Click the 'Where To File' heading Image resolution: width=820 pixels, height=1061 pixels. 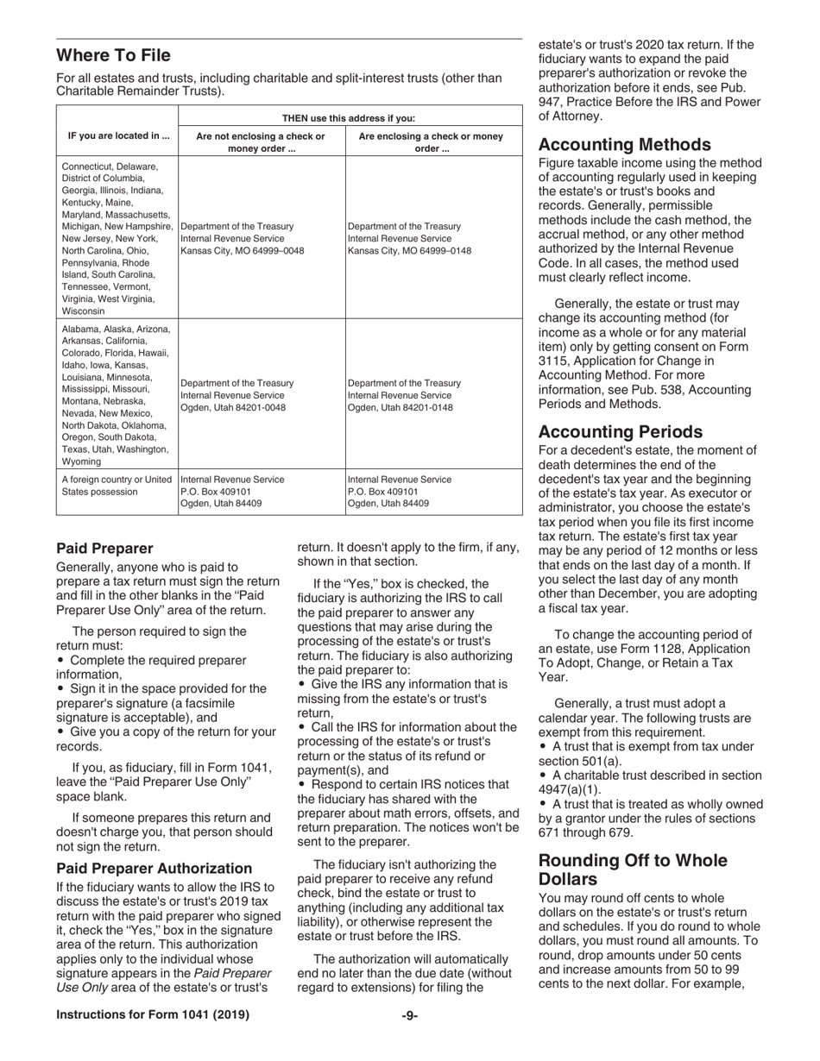pos(113,56)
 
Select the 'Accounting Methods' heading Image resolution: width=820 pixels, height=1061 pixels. pos(625,145)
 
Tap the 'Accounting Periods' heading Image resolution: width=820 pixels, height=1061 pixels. pos(620,431)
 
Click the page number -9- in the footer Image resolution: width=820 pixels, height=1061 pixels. pos(410,1015)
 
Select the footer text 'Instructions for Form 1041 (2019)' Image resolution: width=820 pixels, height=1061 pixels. pos(153,1015)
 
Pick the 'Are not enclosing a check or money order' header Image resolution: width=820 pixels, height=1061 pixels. pos(261,142)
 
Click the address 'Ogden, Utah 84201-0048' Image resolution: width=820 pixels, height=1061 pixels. pos(233,407)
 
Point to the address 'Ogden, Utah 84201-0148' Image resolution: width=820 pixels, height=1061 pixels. pos(400,407)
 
